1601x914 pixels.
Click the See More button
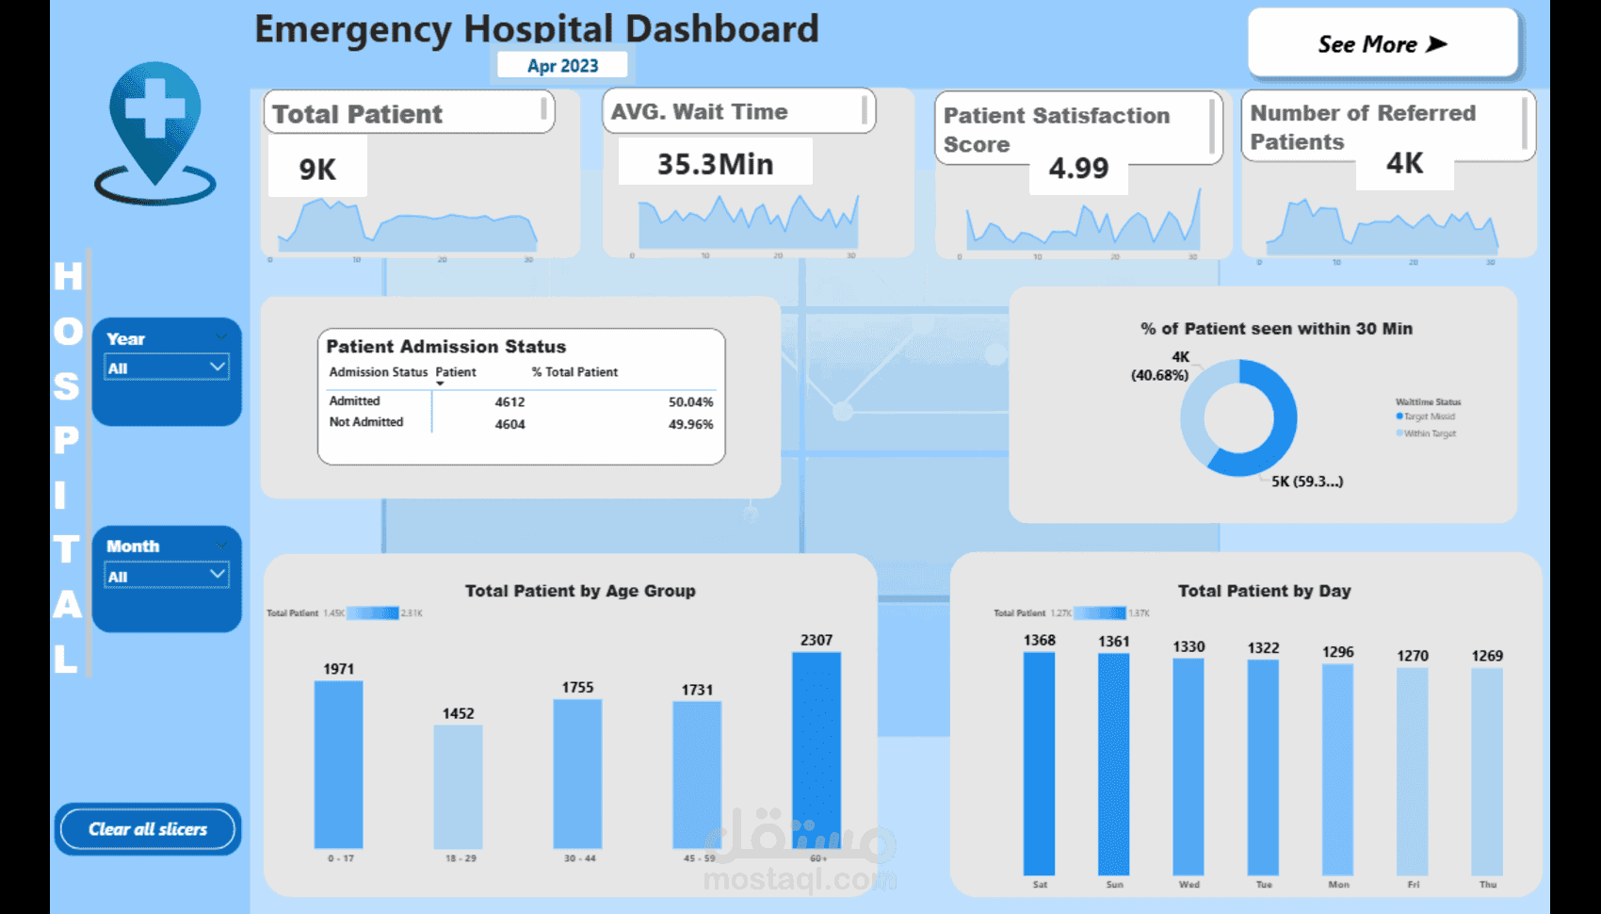(x=1382, y=44)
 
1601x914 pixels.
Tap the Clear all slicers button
(x=148, y=829)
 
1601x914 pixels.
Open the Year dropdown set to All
(x=167, y=367)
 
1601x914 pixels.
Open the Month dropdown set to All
(x=167, y=576)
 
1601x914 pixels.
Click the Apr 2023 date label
(x=562, y=66)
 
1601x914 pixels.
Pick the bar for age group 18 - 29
(x=458, y=786)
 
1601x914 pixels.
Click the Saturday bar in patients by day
(x=1039, y=763)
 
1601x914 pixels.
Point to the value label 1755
(x=577, y=688)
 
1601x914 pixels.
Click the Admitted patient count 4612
(x=509, y=402)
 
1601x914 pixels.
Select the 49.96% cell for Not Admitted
(x=690, y=425)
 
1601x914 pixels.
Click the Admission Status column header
(x=378, y=372)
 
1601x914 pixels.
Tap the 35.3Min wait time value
(x=715, y=164)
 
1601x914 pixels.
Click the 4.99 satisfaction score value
(x=1078, y=169)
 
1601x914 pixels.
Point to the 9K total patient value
(x=317, y=170)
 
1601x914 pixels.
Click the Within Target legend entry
(x=1429, y=433)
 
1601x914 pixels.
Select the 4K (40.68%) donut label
(x=1160, y=367)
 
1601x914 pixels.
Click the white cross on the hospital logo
(x=154, y=108)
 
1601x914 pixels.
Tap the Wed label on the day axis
(x=1189, y=885)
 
